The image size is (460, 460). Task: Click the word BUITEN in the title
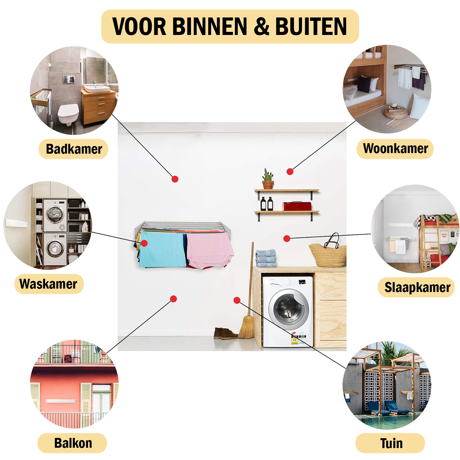pos(311,26)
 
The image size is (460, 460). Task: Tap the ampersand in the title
pos(262,26)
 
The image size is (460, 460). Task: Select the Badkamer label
pos(74,149)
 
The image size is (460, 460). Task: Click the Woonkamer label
pos(395,148)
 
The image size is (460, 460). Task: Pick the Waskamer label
pos(48,284)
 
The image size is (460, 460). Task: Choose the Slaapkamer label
pos(417,287)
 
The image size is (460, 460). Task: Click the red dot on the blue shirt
pos(144,243)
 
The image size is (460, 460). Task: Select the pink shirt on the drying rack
pos(209,250)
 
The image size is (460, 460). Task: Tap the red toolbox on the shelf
pos(297,206)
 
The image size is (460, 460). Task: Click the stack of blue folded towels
pos(266,258)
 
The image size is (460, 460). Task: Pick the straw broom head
pos(247,328)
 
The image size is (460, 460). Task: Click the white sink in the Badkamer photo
pos(97,89)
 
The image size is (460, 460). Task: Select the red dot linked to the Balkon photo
pos(173,299)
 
